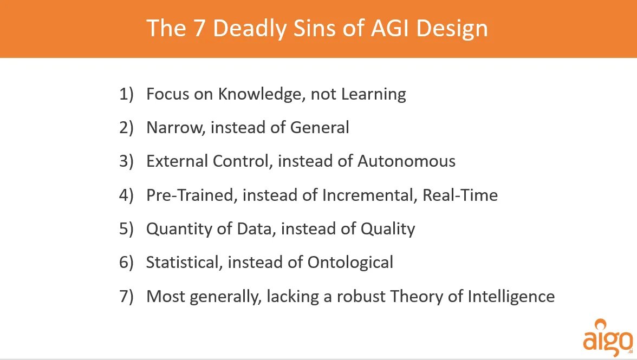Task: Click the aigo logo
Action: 607,338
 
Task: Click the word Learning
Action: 373,94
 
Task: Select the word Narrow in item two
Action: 175,128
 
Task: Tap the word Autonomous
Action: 406,161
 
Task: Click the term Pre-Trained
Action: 190,195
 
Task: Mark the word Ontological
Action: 350,263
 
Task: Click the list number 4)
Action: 126,195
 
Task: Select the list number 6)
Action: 126,263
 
